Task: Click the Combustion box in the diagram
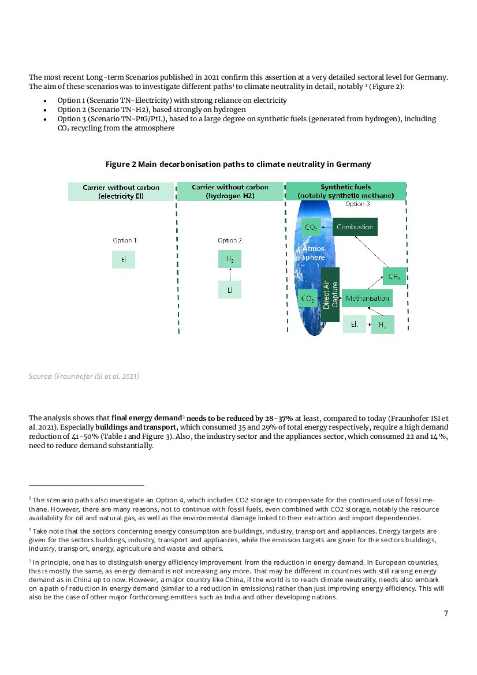[x=355, y=227]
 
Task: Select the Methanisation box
[x=367, y=298]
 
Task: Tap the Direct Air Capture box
[x=330, y=294]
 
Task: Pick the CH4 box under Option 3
[x=394, y=277]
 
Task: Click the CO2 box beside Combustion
[x=311, y=227]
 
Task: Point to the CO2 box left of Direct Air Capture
[x=308, y=299]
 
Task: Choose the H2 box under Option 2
[x=230, y=259]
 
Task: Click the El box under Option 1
[x=124, y=259]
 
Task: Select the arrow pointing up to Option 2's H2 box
[x=230, y=274]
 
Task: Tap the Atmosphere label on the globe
[x=313, y=252]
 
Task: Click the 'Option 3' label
[x=357, y=204]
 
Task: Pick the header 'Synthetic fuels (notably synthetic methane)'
[x=346, y=191]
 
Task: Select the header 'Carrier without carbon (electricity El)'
[x=121, y=192]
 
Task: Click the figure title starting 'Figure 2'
[x=238, y=164]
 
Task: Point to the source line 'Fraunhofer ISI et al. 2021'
[x=84, y=376]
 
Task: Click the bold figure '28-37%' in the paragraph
[x=278, y=417]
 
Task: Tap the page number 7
[x=446, y=613]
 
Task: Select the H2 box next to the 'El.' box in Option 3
[x=382, y=325]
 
